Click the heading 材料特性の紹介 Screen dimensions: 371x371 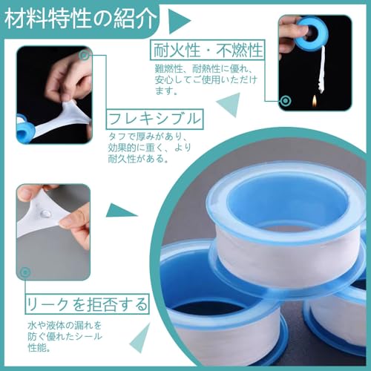pyautogui.click(x=81, y=19)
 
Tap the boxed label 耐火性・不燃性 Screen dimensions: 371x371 pyautogui.click(x=208, y=50)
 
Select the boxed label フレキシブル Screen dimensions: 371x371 pyautogui.click(x=154, y=119)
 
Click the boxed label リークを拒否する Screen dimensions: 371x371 pyautogui.click(x=87, y=304)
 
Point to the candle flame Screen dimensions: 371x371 pyautogui.click(x=315, y=101)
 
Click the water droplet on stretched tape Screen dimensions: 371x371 pyautogui.click(x=45, y=213)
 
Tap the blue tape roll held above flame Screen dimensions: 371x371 pyautogui.click(x=309, y=32)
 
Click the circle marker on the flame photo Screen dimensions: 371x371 pyautogui.click(x=286, y=101)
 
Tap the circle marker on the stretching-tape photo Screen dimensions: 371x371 pyautogui.click(x=85, y=56)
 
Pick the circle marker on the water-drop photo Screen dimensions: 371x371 pyautogui.click(x=24, y=272)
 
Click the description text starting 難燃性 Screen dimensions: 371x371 pyautogui.click(x=206, y=79)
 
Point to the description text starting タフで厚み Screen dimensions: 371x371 pyautogui.click(x=149, y=148)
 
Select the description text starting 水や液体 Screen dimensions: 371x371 pyautogui.click(x=65, y=336)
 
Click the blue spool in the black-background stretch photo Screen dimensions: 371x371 pyautogui.click(x=25, y=131)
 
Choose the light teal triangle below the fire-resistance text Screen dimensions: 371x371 pyautogui.click(x=229, y=105)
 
